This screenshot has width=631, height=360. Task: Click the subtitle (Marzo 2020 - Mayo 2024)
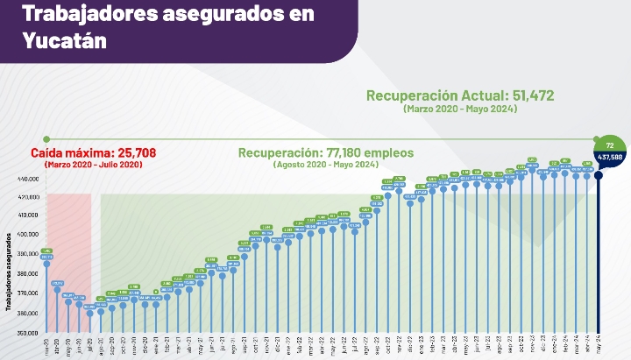tap(460, 109)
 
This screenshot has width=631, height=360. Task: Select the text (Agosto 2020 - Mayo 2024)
tap(326, 165)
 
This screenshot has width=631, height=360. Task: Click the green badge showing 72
tap(610, 144)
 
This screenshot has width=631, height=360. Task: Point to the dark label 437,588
tap(610, 158)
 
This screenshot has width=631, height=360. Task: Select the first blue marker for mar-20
tap(46, 264)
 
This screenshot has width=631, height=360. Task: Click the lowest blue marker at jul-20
tap(90, 313)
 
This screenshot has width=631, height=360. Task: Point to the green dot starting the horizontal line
tap(46, 139)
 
